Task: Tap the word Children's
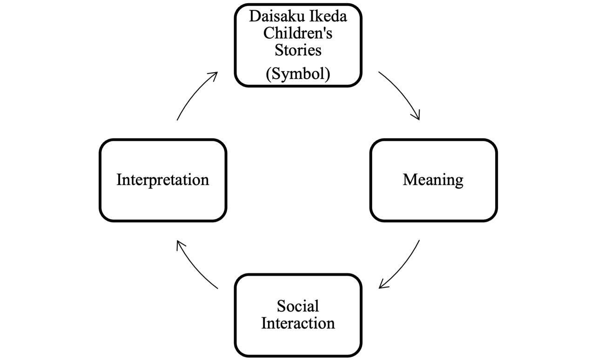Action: pyautogui.click(x=298, y=33)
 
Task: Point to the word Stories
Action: pyautogui.click(x=298, y=50)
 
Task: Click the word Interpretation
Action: pyautogui.click(x=162, y=180)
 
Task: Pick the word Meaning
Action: pyautogui.click(x=433, y=180)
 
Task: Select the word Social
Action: pyautogui.click(x=298, y=306)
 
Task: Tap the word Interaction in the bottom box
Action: pyautogui.click(x=298, y=323)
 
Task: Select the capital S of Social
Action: pyautogui.click(x=281, y=306)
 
